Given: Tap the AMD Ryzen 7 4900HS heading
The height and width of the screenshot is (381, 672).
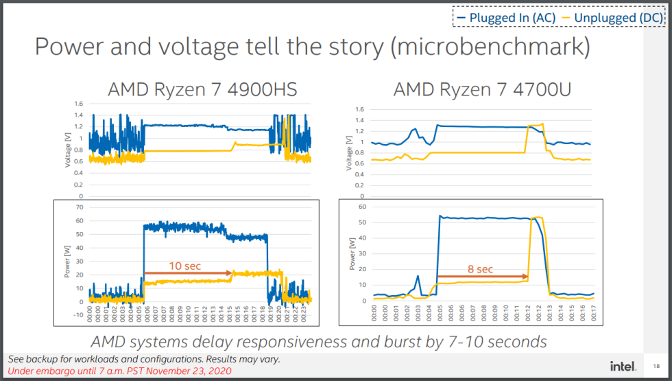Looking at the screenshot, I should tap(202, 89).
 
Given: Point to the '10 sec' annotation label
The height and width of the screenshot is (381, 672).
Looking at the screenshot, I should tap(184, 266).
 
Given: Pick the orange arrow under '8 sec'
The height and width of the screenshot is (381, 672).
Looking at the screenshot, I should tap(483, 277).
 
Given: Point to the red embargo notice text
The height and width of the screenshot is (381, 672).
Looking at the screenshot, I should tap(119, 371).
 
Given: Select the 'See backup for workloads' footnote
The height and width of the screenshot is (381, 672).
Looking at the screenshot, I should tap(144, 359).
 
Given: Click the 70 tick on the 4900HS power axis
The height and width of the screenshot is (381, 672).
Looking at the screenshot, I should tap(79, 207).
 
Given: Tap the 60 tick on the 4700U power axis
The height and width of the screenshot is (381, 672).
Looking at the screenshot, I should tap(363, 206).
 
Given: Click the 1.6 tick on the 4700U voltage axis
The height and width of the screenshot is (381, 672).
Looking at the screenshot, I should tap(360, 109).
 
